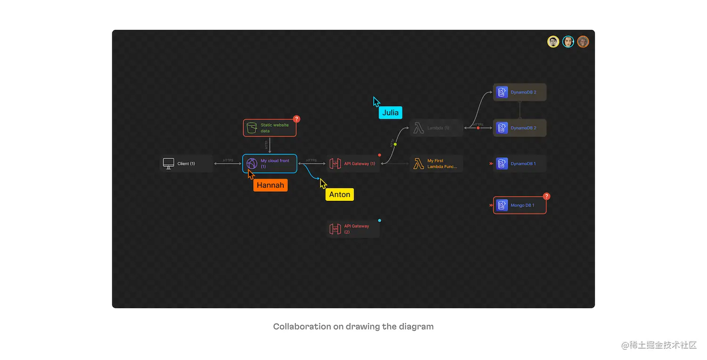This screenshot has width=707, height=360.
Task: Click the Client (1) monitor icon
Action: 169,164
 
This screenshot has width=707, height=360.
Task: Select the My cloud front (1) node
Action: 270,164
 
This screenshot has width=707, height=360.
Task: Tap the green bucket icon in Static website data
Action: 252,128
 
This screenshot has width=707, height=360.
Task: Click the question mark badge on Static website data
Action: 296,119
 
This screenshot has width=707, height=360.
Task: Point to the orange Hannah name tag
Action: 271,185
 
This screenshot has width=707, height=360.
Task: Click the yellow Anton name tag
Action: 339,195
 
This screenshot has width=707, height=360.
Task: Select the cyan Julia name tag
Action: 390,113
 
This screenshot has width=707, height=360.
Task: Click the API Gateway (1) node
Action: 353,164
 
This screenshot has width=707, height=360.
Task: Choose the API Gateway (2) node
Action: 353,229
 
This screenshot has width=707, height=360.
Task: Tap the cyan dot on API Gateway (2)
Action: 379,220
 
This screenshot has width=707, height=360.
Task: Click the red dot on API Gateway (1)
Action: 379,155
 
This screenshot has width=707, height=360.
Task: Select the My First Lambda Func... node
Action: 436,164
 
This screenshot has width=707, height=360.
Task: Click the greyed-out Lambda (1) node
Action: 436,128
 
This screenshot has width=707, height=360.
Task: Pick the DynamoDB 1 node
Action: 520,164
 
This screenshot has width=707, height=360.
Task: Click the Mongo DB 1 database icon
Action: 502,205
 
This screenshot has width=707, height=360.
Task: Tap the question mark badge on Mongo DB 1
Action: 546,196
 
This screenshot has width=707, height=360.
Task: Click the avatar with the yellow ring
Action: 553,42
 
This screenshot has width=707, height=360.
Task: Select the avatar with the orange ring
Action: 583,42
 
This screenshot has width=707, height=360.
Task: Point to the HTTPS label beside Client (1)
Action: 228,160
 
